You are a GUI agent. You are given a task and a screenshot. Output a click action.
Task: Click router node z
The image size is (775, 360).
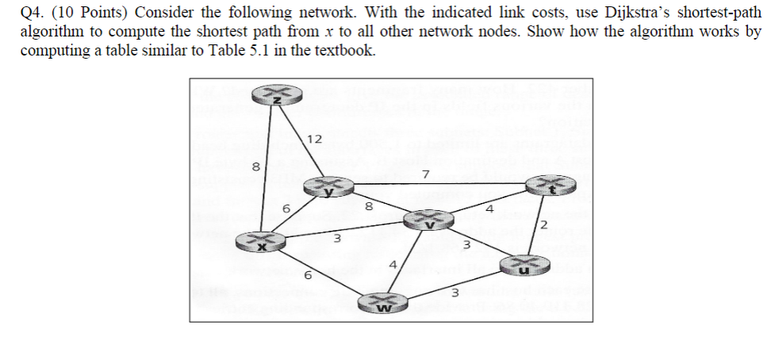click(x=277, y=95)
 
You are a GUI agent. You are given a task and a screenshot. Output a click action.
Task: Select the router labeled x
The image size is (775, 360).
click(x=260, y=241)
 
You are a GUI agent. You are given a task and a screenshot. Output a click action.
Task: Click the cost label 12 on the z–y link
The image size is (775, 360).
click(x=314, y=139)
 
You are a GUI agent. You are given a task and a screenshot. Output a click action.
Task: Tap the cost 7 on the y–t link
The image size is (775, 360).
click(x=426, y=174)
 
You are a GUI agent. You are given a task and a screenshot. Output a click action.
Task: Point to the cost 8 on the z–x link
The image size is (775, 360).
click(x=255, y=167)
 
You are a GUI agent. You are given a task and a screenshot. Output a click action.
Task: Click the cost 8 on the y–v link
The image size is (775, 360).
click(x=369, y=206)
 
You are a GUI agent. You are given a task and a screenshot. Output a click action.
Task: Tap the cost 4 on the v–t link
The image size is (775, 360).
click(x=491, y=210)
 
